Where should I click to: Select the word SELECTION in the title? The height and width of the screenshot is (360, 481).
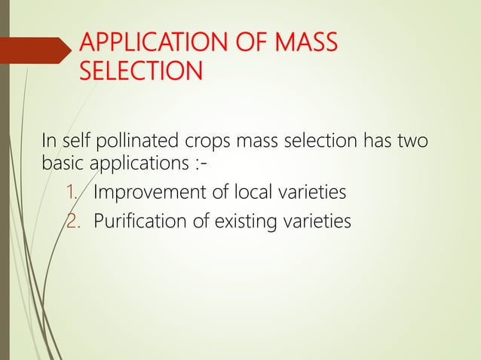click(x=140, y=72)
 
